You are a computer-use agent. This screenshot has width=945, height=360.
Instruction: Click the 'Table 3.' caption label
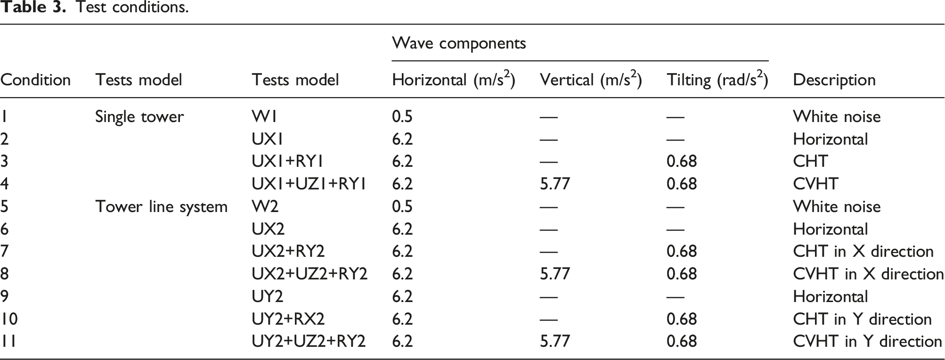coord(33,7)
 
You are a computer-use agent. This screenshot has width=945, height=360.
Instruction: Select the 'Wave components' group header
coord(459,43)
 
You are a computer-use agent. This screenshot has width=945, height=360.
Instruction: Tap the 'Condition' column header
coord(35,80)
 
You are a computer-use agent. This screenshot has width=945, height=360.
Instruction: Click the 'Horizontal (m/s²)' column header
coord(454,79)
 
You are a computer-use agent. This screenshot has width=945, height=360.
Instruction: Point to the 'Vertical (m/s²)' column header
coord(591,79)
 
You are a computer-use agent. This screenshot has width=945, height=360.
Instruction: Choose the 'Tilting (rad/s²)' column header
coord(717,79)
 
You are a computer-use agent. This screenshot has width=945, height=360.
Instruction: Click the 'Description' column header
coord(834,80)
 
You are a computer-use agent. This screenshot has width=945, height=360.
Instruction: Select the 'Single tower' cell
coord(139,117)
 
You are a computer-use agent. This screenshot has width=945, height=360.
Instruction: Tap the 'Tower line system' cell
coord(162,207)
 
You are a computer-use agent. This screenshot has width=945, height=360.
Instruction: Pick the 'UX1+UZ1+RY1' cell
coord(309,184)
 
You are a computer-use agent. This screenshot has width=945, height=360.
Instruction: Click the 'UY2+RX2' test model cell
coord(288,319)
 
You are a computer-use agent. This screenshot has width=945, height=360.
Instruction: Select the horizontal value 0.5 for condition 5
coord(402,206)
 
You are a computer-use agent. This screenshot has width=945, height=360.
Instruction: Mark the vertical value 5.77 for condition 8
coord(555,274)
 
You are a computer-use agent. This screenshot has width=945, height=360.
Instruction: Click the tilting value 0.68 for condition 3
coord(682,161)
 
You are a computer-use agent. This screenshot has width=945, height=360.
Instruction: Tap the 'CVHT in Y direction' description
coord(868,342)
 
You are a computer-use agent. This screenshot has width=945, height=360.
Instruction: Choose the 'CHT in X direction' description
coord(864,251)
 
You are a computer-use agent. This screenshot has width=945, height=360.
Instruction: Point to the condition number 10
coord(9,319)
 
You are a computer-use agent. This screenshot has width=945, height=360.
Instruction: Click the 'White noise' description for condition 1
coord(837,116)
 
